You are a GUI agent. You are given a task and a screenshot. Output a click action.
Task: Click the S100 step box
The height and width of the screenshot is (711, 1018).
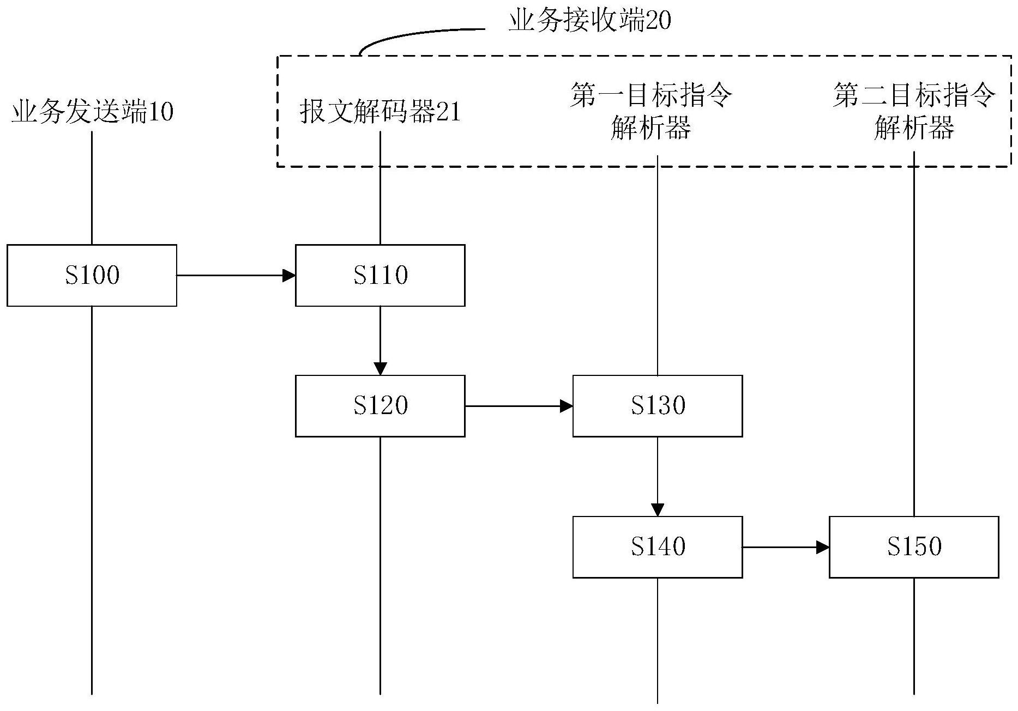[92, 275]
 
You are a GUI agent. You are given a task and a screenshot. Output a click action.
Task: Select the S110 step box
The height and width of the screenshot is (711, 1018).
[380, 275]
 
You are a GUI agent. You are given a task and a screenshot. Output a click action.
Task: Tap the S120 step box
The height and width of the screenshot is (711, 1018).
[380, 406]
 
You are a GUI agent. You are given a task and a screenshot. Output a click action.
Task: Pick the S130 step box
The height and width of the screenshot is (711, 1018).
[657, 406]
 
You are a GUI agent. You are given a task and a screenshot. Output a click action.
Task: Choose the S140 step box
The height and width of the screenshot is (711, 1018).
[657, 546]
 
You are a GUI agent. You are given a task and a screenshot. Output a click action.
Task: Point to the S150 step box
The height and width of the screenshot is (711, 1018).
[913, 546]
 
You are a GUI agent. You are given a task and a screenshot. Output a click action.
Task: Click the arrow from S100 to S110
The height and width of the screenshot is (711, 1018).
[236, 276]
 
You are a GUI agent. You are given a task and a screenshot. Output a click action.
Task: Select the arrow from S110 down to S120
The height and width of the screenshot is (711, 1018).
[380, 341]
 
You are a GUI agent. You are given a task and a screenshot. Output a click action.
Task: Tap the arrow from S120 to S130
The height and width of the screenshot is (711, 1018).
[518, 406]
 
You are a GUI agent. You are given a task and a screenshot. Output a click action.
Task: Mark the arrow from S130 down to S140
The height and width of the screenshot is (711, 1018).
[657, 476]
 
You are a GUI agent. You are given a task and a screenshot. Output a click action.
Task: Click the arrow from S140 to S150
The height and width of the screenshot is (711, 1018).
[785, 547]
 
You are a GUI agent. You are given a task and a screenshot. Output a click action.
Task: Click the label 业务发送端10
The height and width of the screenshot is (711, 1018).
[93, 112]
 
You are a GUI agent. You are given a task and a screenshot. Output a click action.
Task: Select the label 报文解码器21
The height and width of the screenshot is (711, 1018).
[380, 112]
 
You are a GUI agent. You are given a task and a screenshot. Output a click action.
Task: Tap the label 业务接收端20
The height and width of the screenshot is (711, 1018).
[589, 21]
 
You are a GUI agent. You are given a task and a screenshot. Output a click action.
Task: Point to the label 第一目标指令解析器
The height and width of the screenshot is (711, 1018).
[651, 112]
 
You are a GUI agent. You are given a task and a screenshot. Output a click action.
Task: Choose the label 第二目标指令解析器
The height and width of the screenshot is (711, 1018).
[914, 112]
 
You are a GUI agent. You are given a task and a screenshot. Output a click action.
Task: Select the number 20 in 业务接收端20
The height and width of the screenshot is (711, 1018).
[658, 22]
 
